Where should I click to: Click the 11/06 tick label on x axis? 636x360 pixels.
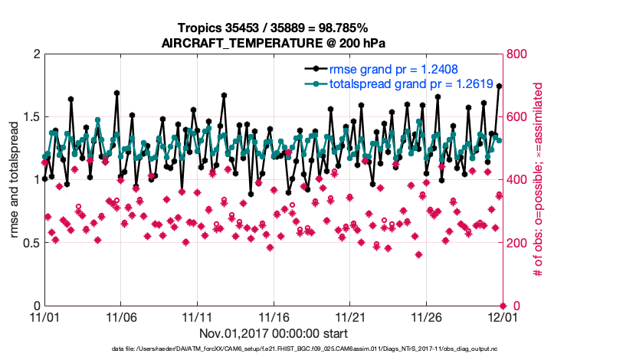pos(120,317)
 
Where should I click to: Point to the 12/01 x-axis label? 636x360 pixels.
pos(501,317)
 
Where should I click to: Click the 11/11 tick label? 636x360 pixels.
pos(197,317)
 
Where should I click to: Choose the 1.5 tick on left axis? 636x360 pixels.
pos(28,117)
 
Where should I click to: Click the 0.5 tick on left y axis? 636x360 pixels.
pos(28,244)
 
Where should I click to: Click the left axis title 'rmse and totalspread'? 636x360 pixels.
pos(15,180)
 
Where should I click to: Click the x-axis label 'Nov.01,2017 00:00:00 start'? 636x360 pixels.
pos(273,333)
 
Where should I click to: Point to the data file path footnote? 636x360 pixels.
pos(273,349)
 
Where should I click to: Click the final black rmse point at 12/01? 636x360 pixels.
pos(500,86)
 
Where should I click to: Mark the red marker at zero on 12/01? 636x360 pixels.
pos(501,306)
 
